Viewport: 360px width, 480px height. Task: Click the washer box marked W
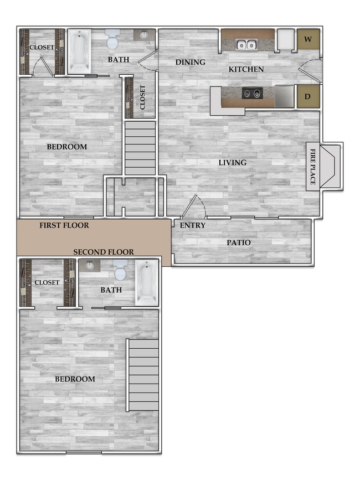click(x=308, y=39)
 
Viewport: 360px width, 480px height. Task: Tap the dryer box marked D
click(x=308, y=96)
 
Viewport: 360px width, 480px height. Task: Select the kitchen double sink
click(x=246, y=44)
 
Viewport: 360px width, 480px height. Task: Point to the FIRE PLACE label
click(x=313, y=167)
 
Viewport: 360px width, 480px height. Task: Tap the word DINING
click(x=190, y=62)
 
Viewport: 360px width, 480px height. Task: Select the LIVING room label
click(x=232, y=163)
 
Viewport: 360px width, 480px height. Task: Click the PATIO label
click(x=238, y=242)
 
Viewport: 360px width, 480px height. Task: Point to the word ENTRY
click(x=193, y=225)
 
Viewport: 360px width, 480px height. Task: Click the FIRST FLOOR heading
click(x=64, y=225)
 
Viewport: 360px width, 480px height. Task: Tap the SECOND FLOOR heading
click(x=104, y=252)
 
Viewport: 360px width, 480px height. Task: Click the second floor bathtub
click(x=146, y=283)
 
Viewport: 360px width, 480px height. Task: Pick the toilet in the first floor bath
click(x=112, y=40)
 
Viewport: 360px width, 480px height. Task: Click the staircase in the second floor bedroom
click(x=143, y=375)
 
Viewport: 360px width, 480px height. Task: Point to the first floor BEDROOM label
click(x=67, y=147)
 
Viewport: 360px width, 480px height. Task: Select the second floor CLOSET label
click(x=47, y=282)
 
